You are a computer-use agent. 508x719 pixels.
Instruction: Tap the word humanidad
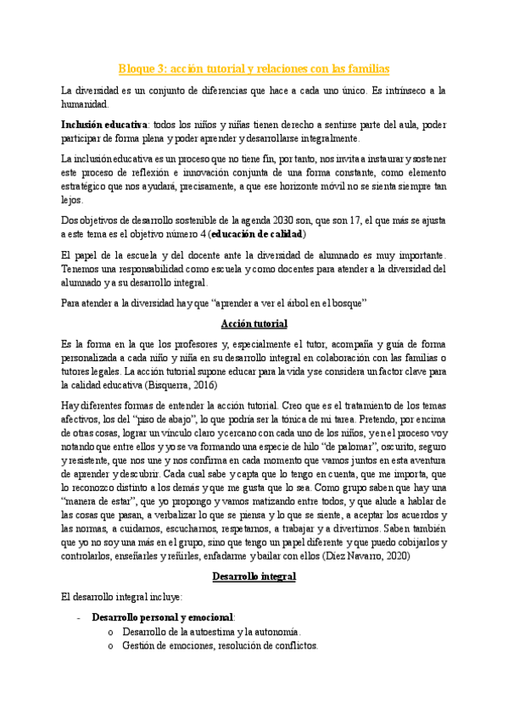click(85, 104)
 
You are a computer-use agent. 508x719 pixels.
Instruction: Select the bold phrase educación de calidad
click(258, 234)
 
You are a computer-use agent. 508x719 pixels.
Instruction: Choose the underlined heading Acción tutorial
click(254, 323)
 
